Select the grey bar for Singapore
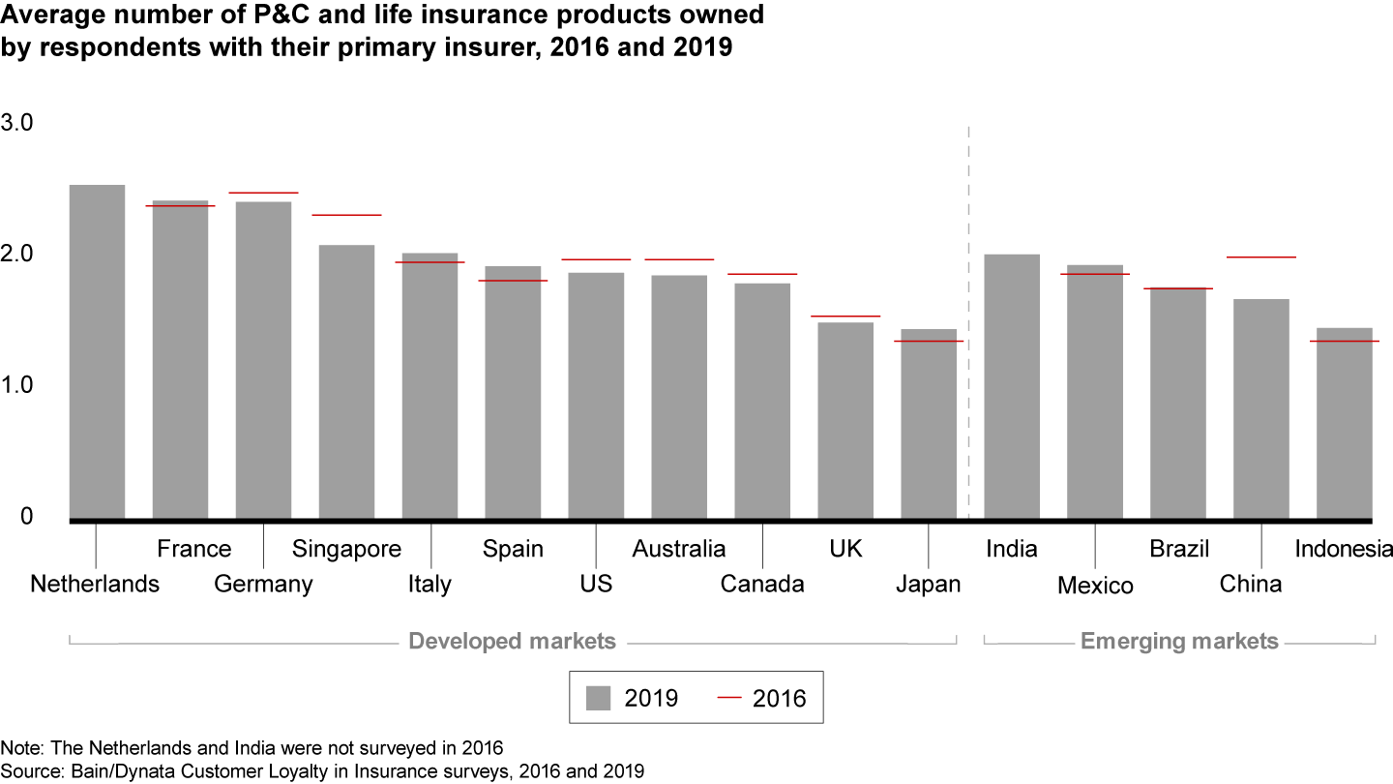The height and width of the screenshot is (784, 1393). (346, 381)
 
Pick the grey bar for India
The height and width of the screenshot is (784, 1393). (1012, 386)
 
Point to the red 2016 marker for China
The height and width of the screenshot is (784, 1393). (1261, 257)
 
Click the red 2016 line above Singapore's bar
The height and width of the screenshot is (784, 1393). (346, 215)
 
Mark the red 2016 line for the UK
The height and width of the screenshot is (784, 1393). (845, 317)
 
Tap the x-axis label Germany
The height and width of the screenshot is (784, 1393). (263, 585)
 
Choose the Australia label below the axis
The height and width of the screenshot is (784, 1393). (679, 550)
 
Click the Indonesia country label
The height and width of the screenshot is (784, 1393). (1343, 550)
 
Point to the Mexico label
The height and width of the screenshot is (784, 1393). (1095, 586)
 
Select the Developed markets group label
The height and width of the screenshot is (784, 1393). (512, 642)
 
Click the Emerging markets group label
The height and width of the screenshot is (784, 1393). (1179, 642)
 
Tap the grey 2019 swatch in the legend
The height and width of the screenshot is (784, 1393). (600, 698)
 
